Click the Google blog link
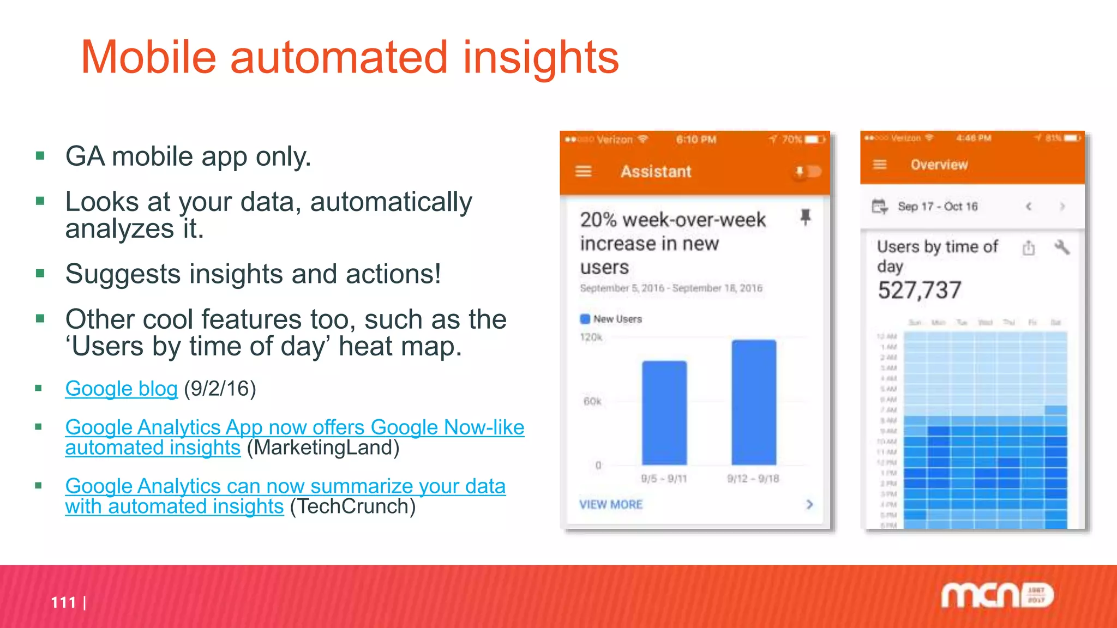click(121, 389)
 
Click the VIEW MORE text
click(611, 505)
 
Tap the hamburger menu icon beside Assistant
click(584, 172)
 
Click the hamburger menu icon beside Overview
click(880, 165)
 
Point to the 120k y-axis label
click(591, 337)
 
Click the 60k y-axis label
click(592, 402)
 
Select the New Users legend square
click(585, 319)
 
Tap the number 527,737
click(920, 290)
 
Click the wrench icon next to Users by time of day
click(1061, 247)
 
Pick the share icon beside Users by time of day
click(1029, 248)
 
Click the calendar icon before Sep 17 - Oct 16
click(879, 207)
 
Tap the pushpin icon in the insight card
click(805, 217)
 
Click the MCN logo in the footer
click(997, 595)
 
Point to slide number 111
click(63, 602)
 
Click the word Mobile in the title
click(148, 57)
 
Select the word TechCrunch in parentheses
click(352, 506)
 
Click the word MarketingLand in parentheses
click(323, 448)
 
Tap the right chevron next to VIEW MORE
click(809, 504)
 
